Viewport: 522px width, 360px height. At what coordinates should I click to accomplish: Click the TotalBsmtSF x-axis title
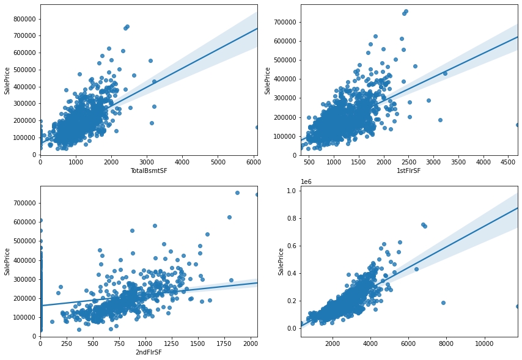149,171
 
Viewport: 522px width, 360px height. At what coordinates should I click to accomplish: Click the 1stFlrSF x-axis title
409,171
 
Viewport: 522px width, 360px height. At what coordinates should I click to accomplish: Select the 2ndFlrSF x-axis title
149,352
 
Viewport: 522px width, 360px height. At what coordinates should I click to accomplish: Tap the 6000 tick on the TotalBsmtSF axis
254,162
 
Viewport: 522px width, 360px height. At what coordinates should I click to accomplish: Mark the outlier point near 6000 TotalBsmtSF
257,127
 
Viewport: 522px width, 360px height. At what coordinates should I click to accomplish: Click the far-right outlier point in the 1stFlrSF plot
517,125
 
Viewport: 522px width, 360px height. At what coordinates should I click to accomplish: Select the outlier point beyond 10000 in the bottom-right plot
517,306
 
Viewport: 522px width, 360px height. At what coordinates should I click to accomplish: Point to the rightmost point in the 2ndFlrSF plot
257,194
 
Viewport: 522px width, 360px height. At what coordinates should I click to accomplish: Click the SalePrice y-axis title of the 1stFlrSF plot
268,80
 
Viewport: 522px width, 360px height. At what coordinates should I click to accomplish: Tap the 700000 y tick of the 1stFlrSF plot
284,22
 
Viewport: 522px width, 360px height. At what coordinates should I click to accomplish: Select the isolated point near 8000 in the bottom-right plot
443,303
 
